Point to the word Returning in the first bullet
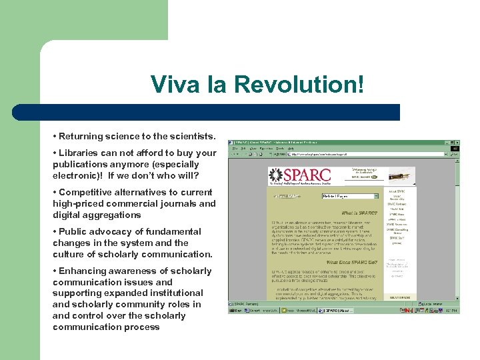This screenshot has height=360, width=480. tap(81, 137)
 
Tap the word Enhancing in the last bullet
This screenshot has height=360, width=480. tap(83, 271)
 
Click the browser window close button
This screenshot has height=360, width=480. tap(456, 142)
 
